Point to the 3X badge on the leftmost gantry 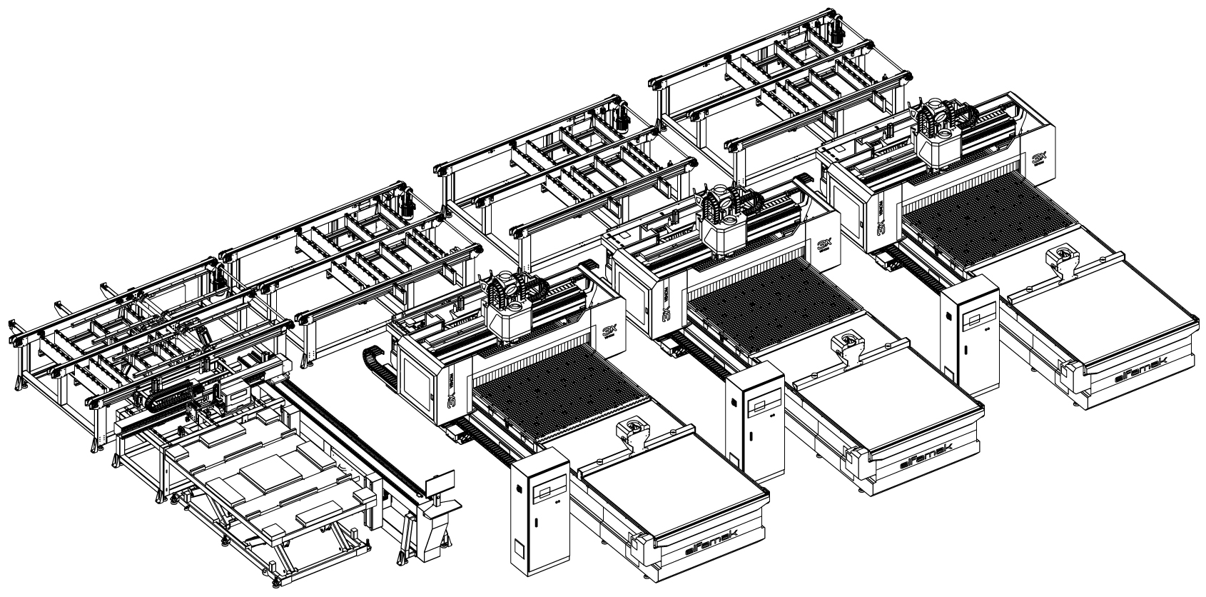pos(609,331)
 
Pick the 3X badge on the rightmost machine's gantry pos(1039,159)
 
